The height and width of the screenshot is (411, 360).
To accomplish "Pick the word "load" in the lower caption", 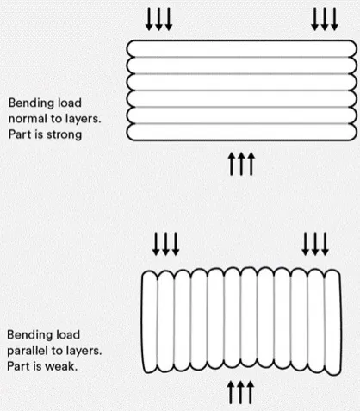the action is [66, 335].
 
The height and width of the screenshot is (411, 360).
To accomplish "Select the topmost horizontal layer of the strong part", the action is [241, 49].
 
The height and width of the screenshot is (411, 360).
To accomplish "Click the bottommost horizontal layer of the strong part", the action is [241, 132].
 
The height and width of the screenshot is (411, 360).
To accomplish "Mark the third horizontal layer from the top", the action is [241, 82].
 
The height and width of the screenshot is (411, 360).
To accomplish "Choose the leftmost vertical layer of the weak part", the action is [150, 322].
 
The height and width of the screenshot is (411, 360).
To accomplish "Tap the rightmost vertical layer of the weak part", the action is [332, 322].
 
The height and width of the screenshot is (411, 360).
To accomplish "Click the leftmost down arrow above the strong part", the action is [149, 19].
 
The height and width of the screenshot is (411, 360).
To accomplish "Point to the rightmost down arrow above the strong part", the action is [334, 19].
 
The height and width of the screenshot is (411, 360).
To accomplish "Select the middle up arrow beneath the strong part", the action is [241, 164].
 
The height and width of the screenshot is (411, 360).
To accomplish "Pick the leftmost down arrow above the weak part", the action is [156, 244].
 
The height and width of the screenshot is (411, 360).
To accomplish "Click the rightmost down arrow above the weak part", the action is [325, 244].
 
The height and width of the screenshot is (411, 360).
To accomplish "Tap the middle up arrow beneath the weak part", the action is [240, 392].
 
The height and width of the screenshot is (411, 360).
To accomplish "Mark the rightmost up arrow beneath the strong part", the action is [251, 164].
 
